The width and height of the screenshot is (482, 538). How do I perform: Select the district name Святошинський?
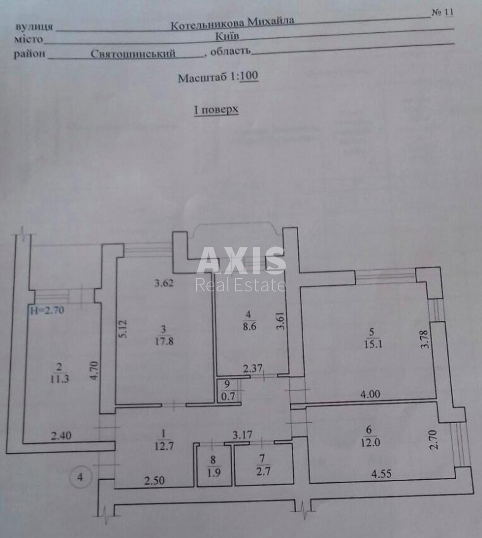click(x=133, y=54)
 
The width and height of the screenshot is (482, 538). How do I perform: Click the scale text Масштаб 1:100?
click(x=218, y=78)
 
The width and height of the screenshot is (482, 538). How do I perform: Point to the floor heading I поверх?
click(x=216, y=110)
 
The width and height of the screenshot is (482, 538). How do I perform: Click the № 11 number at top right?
click(x=443, y=13)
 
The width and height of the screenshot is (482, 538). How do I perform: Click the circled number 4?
click(x=80, y=477)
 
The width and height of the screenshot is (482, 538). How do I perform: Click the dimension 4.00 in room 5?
click(x=370, y=395)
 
